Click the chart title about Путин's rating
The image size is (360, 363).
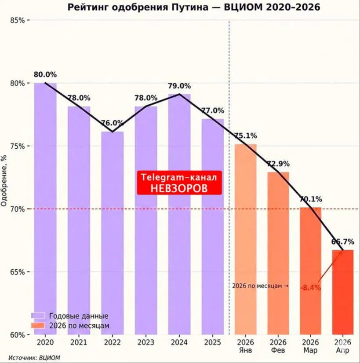tap(193, 7)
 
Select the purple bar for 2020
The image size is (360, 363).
tap(45, 207)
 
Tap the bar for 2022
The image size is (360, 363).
tap(113, 233)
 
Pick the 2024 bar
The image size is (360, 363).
tap(179, 211)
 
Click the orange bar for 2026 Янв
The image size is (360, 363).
tap(246, 238)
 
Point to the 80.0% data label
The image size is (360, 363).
tap(45, 75)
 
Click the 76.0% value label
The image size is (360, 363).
tap(112, 123)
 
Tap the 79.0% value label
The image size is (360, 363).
tap(179, 86)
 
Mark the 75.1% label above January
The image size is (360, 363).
tap(246, 136)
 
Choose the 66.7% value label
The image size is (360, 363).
tap(343, 242)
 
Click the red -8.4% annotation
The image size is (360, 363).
tap(310, 288)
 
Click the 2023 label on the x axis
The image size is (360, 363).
tap(145, 342)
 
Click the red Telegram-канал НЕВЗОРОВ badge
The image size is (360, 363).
tap(179, 183)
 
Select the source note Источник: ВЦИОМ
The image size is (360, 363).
tap(34, 358)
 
